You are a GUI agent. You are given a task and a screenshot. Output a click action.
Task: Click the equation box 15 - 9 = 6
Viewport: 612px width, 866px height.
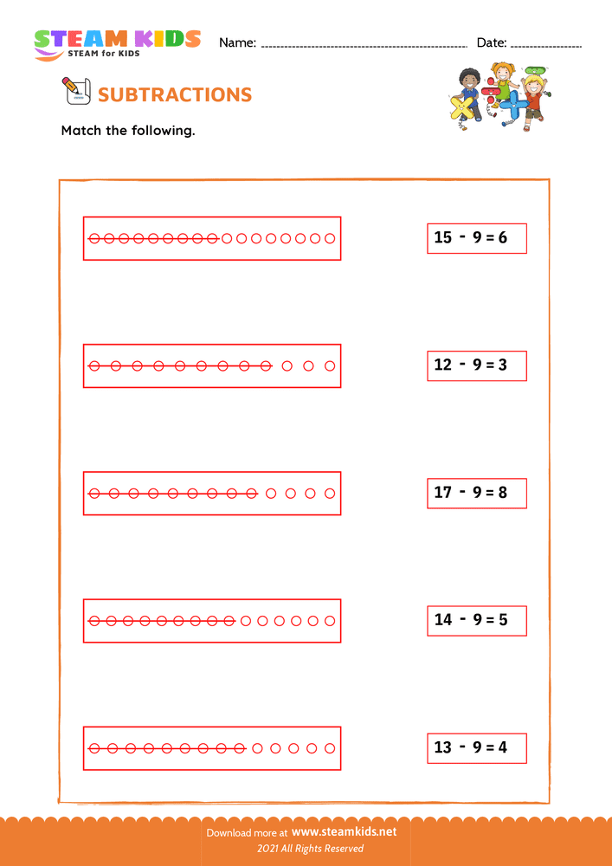(x=476, y=237)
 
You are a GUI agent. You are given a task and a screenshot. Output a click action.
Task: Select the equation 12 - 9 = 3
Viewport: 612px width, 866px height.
(x=476, y=365)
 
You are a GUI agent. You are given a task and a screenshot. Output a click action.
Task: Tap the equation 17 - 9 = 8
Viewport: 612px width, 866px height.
(x=476, y=493)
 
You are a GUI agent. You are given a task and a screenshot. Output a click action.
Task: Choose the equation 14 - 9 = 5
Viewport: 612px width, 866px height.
(x=476, y=620)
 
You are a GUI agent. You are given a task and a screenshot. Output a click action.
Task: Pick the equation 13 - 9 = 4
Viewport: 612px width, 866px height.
(x=476, y=747)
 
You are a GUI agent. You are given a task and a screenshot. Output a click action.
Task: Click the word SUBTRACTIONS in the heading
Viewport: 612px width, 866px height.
(x=176, y=94)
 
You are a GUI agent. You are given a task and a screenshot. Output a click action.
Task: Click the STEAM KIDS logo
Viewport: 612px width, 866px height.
(x=117, y=43)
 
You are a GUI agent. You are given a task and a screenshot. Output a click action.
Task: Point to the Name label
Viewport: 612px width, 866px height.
(x=237, y=42)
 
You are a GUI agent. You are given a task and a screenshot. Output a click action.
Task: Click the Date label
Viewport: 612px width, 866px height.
(x=491, y=42)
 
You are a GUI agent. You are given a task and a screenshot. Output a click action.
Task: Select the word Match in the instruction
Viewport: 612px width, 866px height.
(x=81, y=132)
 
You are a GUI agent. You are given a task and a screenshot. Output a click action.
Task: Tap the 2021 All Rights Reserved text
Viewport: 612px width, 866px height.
(x=306, y=849)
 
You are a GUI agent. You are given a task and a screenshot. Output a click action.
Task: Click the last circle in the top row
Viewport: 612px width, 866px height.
(x=330, y=238)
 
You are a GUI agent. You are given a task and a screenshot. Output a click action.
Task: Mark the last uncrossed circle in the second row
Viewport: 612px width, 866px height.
(x=330, y=365)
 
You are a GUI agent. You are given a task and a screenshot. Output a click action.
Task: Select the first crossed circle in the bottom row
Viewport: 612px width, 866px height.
(x=94, y=748)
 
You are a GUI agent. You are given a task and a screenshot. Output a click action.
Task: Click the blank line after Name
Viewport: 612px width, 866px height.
(x=364, y=44)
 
